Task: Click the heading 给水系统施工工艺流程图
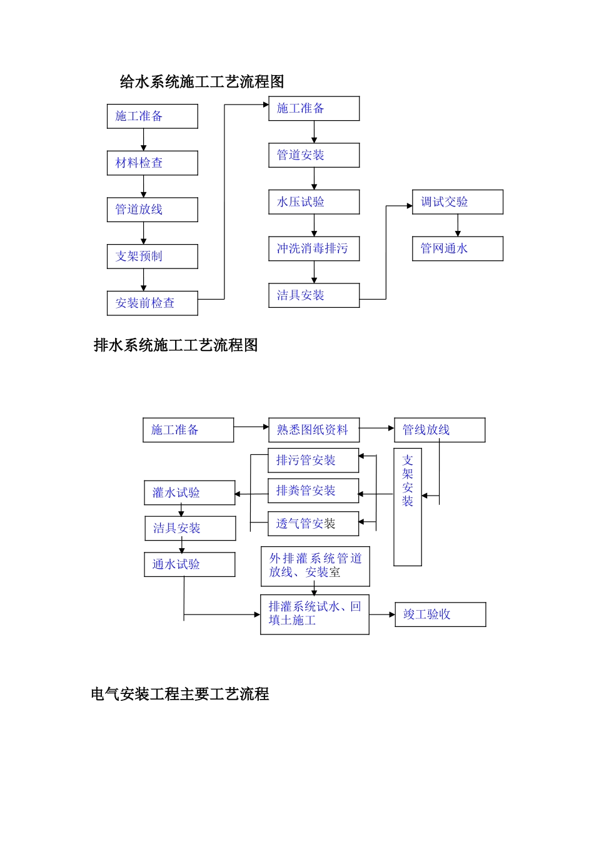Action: coord(201,82)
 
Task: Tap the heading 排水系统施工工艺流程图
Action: coord(176,345)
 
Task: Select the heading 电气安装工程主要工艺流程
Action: coord(180,694)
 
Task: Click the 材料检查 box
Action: coord(152,163)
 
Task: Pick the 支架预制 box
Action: coord(152,257)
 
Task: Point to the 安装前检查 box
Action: coord(152,303)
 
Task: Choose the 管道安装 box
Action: coord(314,155)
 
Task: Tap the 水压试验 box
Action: coord(314,202)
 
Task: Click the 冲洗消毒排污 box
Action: coord(314,249)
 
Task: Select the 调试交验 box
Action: coord(457,202)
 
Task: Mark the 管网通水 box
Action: coord(457,249)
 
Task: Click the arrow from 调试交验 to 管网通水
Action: coord(458,225)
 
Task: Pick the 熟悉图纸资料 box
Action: coord(314,430)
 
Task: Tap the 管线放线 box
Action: coord(440,430)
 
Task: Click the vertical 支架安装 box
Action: coord(408,507)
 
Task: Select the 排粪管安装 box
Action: coord(313,491)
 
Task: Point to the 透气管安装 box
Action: coord(313,524)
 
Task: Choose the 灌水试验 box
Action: coord(189,493)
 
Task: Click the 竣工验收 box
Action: coord(440,614)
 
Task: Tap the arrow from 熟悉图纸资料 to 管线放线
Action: coord(377,429)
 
